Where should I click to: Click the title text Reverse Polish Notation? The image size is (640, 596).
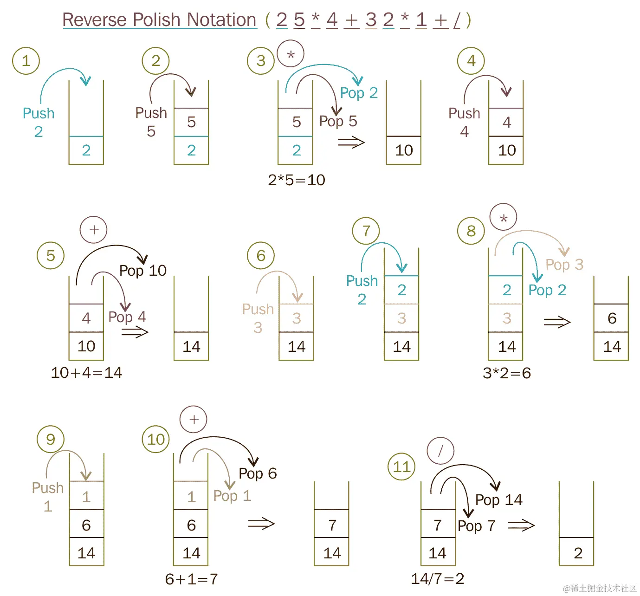pos(159,20)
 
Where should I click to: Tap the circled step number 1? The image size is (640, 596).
pos(26,60)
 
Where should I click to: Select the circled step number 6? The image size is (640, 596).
pos(261,255)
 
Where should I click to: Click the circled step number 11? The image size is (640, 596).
pos(401,466)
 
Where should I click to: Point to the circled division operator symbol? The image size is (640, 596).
pos(440,451)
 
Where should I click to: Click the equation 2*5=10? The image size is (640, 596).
pos(297,180)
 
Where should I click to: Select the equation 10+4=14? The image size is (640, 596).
pos(86,373)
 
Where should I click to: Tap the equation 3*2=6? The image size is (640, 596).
pos(507,373)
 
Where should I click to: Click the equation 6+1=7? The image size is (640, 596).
pos(191,579)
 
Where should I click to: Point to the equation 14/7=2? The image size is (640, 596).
pos(438,579)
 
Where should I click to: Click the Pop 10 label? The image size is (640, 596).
pos(143,271)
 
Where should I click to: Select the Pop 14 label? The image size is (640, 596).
pos(499,500)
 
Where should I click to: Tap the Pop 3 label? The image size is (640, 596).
pos(564,265)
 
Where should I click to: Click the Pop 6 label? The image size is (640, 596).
pos(258,473)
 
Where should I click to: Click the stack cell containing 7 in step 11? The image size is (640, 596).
pos(438,525)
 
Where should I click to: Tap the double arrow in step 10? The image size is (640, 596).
pos(261,524)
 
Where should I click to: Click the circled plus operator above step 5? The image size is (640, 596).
pos(94,230)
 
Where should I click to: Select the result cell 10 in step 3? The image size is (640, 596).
pos(404,150)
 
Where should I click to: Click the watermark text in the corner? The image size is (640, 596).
pos(600,588)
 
